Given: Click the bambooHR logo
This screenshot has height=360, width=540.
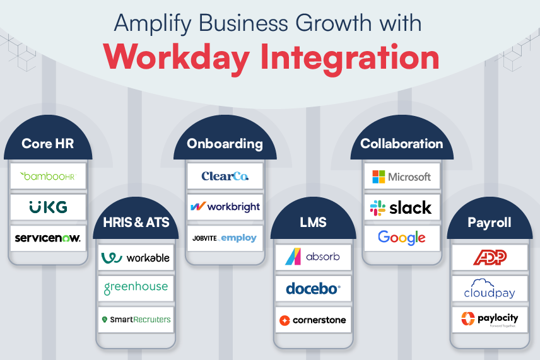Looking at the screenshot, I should [x=48, y=176].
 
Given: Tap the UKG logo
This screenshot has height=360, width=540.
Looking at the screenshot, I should [x=48, y=207].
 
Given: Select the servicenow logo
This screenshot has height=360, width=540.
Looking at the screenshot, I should [x=48, y=238].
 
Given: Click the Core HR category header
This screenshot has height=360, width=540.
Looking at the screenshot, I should [x=48, y=144].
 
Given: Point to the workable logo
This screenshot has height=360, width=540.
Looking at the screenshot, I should [x=136, y=258].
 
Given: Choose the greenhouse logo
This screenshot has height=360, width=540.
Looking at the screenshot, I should [x=136, y=287].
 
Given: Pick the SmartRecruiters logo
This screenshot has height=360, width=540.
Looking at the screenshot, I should [x=136, y=320].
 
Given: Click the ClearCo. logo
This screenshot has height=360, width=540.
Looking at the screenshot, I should [x=225, y=176].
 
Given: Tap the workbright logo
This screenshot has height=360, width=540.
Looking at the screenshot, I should [x=225, y=207].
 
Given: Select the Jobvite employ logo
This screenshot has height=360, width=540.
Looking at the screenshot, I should [x=225, y=238].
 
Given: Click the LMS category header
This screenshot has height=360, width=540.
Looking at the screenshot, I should [x=313, y=224].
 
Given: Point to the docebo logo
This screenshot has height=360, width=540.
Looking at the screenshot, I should [x=313, y=289].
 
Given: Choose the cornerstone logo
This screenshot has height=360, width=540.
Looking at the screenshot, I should [x=313, y=320].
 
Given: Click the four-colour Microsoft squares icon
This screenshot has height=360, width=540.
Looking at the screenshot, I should [x=379, y=177].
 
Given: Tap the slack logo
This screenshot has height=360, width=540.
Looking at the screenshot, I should [x=401, y=207].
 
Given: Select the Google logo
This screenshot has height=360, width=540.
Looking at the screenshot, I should [x=401, y=238].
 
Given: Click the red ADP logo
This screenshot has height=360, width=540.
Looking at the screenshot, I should [x=490, y=257].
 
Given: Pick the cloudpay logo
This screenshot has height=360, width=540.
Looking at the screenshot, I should [x=490, y=288].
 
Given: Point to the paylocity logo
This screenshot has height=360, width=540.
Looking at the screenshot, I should [x=490, y=319].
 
